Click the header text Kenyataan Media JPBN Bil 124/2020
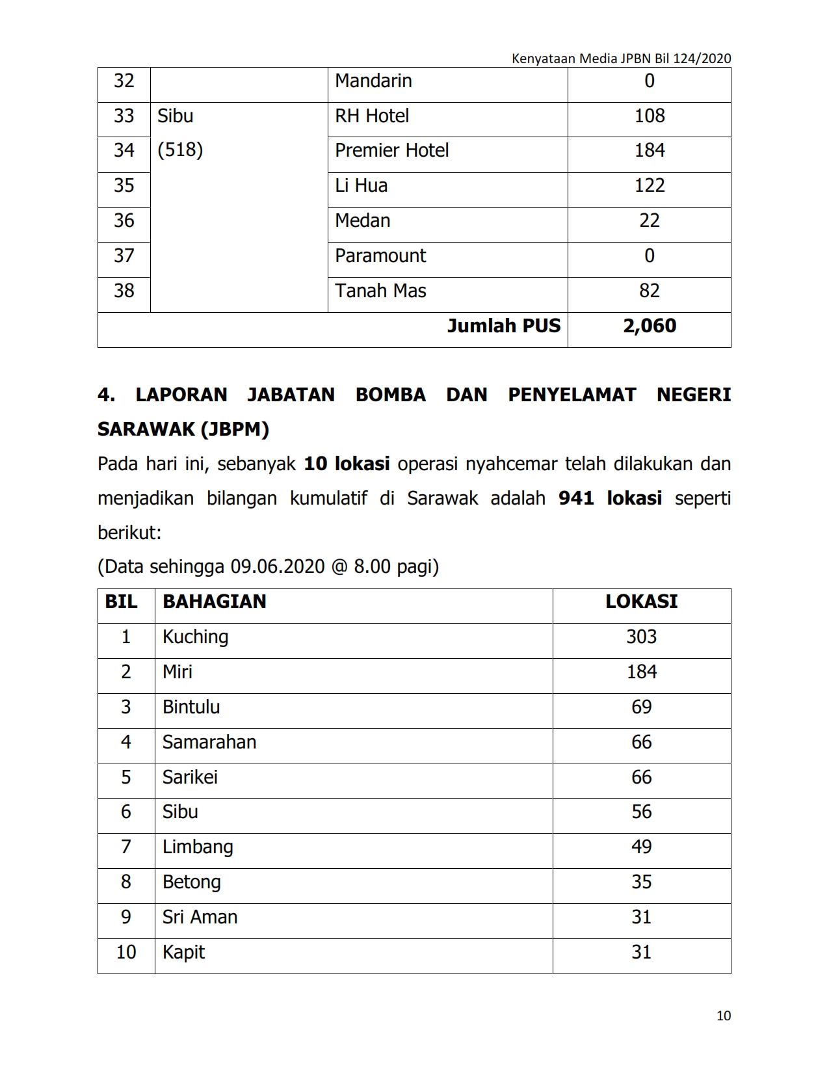(621, 59)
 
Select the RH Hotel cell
(372, 116)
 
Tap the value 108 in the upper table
(649, 116)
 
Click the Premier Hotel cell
(391, 151)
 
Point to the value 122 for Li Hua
(649, 185)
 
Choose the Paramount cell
(380, 256)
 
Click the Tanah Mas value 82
(649, 291)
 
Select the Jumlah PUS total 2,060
(649, 326)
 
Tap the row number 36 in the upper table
(124, 220)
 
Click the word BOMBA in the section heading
(390, 395)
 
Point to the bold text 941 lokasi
(610, 498)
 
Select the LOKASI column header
(641, 602)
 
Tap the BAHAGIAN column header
(215, 602)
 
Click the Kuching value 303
(641, 637)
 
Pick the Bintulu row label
(191, 707)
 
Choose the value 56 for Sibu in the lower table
(641, 812)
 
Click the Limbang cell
(198, 847)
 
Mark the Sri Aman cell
(200, 917)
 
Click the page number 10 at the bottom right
(724, 1016)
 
